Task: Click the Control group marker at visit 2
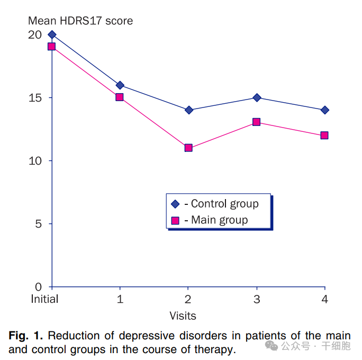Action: tap(188, 110)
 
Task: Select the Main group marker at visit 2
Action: tap(188, 148)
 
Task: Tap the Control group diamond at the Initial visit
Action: tap(52, 34)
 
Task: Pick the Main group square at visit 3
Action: tap(257, 122)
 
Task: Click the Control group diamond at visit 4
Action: tap(324, 110)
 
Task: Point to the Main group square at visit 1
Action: tap(120, 97)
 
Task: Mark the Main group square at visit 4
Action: tap(324, 135)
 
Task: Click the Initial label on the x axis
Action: tap(44, 299)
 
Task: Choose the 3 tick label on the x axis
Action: tap(257, 299)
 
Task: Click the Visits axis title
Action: tap(183, 316)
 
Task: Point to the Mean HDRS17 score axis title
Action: tap(80, 21)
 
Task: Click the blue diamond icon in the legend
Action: tap(176, 204)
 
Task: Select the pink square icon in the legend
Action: tap(176, 220)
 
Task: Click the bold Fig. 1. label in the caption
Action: tap(27, 336)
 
